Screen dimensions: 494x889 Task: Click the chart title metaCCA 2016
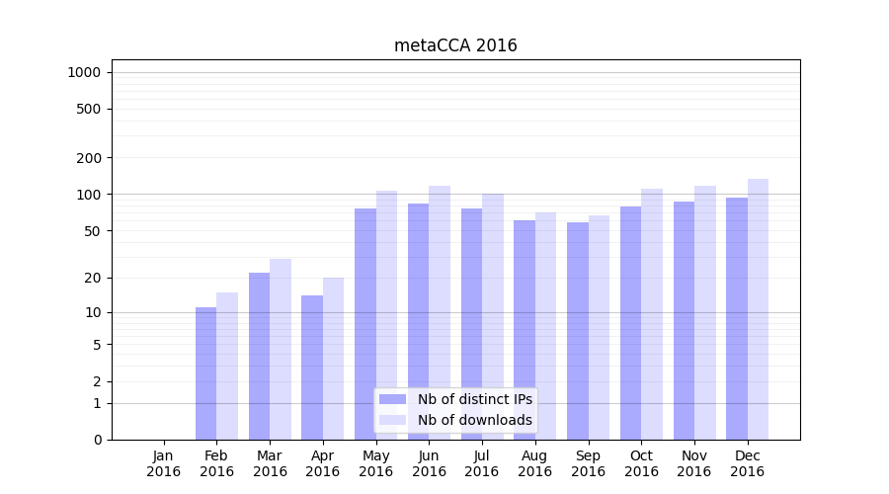point(455,45)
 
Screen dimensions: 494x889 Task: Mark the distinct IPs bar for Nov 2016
point(684,320)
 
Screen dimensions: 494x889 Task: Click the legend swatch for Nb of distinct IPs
point(392,399)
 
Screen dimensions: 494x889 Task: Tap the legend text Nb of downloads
point(475,420)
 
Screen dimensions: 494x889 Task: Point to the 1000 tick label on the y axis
point(84,72)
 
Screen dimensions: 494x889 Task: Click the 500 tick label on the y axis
point(90,109)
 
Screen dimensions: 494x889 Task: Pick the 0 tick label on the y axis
point(97,440)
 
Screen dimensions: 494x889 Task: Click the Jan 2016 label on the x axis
point(164,463)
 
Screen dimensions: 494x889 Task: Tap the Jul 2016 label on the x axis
point(482,463)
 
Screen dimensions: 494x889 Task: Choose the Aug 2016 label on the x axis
point(535,463)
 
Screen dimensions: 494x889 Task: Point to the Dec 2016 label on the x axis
point(748,463)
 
